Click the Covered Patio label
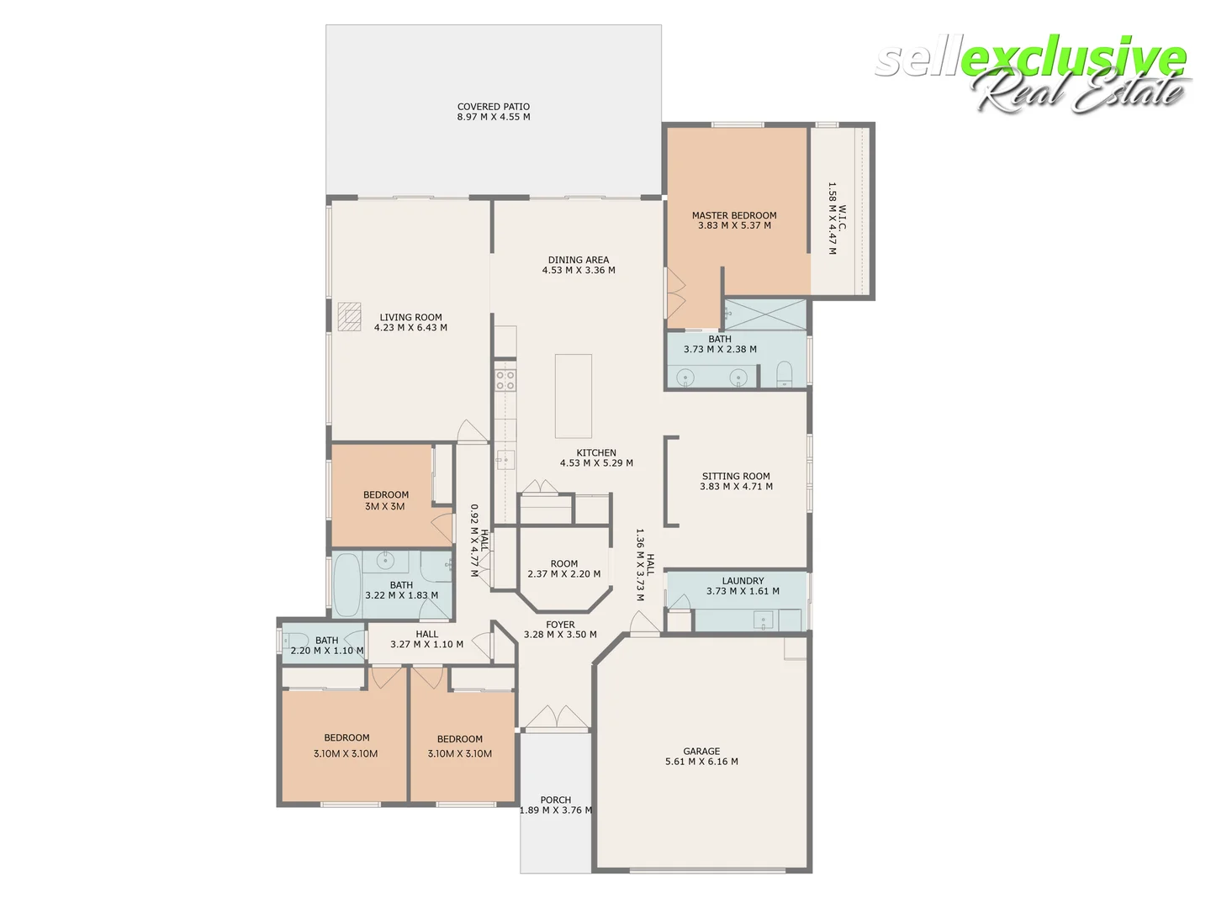coord(494,112)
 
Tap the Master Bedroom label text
coord(734,220)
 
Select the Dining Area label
coord(579,265)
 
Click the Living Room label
coord(410,323)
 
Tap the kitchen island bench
coord(573,396)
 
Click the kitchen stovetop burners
coord(505,380)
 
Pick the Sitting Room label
coord(736,481)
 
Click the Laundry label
coord(743,586)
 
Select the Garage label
coord(701,757)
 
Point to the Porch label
coord(556,805)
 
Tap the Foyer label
coord(560,630)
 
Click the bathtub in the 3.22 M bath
coord(346,585)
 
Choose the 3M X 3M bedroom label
coord(385,500)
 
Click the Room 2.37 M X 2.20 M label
coord(563,569)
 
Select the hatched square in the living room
coord(349,315)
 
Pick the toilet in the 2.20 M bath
coord(290,641)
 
